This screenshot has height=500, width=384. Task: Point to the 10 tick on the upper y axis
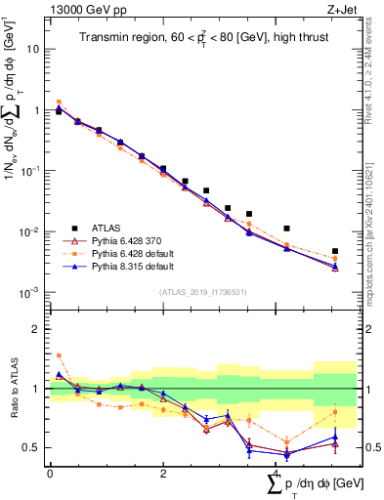(x=34, y=49)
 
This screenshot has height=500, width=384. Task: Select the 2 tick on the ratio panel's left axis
(x=38, y=329)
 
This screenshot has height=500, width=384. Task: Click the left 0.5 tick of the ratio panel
(x=34, y=447)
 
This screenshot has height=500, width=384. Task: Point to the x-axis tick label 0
(x=50, y=474)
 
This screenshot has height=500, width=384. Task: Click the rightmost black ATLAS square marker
(x=335, y=252)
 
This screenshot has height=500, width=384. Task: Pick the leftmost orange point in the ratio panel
(x=59, y=355)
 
